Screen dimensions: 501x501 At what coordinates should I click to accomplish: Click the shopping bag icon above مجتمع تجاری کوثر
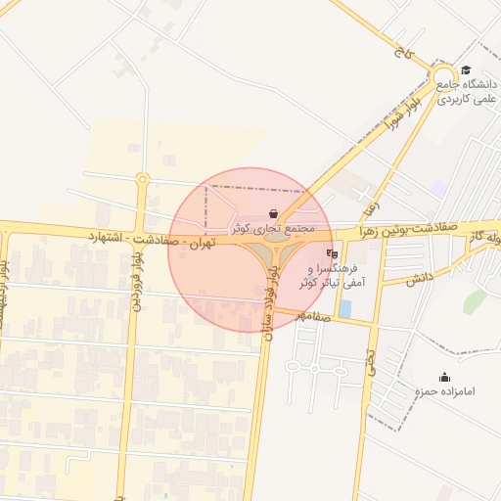tap(272, 213)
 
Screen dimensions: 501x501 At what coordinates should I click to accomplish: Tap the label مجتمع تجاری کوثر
tap(273, 227)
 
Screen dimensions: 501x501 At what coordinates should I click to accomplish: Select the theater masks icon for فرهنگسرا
tap(332, 252)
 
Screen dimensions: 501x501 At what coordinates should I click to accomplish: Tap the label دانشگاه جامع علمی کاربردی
tap(468, 91)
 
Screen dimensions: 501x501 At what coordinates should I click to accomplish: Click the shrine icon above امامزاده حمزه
tap(445, 378)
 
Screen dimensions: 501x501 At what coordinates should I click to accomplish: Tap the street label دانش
tap(420, 278)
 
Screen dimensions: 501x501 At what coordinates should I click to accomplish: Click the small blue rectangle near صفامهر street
tap(345, 309)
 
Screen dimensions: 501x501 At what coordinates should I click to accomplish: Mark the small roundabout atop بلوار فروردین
tap(143, 179)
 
